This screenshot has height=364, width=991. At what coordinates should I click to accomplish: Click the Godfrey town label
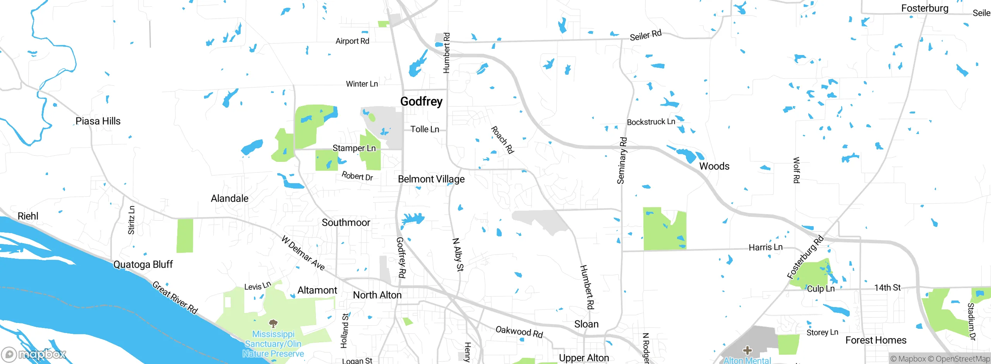click(421, 101)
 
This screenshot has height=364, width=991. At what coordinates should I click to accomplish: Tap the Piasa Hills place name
click(98, 121)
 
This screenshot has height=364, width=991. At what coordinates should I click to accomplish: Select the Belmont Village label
click(431, 179)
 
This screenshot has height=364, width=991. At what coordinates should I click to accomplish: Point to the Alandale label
click(230, 199)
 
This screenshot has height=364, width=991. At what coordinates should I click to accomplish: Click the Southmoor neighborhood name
click(346, 223)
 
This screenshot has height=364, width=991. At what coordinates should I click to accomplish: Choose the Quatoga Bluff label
click(143, 264)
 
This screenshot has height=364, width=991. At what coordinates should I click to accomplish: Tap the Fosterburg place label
click(924, 9)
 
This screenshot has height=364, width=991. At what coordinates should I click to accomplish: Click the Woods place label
click(714, 167)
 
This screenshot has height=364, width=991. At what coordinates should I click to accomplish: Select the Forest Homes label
click(876, 340)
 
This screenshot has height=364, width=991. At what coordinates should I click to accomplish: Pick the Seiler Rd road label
click(645, 35)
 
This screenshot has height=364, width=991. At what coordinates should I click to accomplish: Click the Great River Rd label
click(175, 297)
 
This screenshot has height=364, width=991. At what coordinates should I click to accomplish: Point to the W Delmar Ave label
click(303, 252)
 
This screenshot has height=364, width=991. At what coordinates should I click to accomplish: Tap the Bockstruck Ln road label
click(651, 122)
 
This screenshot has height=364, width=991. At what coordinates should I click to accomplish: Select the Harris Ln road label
click(765, 247)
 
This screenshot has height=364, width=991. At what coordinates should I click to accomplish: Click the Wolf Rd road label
click(796, 170)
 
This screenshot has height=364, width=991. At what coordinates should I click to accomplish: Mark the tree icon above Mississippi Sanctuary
click(273, 323)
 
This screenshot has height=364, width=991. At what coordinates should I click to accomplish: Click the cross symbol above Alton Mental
click(747, 350)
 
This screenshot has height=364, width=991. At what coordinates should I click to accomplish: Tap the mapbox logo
click(34, 354)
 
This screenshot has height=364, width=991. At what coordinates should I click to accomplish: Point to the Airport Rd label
click(352, 41)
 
